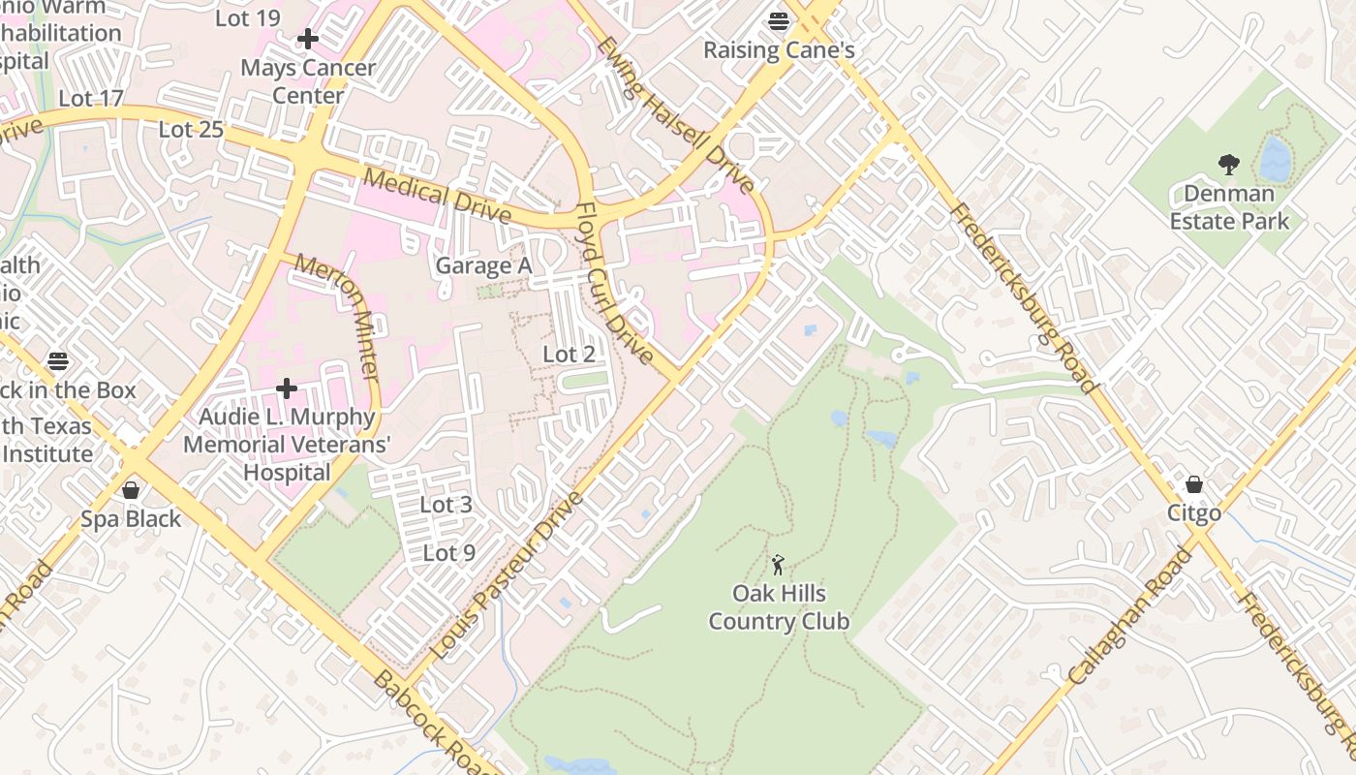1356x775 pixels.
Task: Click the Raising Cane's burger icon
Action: point(779,19)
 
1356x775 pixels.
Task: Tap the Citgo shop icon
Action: point(1194,483)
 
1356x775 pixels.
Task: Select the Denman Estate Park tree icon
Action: point(1228,165)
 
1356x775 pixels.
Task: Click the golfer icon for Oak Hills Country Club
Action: point(778,564)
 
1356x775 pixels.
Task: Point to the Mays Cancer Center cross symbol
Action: point(308,39)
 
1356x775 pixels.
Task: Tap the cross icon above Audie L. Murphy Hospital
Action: point(287,388)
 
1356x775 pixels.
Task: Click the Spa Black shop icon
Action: point(131,489)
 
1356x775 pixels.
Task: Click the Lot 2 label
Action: point(569,355)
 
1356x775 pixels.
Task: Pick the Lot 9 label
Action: point(449,553)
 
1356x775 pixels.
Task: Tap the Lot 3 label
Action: point(446,505)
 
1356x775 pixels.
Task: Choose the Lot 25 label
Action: point(191,130)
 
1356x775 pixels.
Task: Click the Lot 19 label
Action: point(247,18)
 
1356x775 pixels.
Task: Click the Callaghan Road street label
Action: point(1130,617)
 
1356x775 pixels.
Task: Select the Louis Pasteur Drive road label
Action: point(507,575)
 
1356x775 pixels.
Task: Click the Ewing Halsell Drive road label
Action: point(674,114)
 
